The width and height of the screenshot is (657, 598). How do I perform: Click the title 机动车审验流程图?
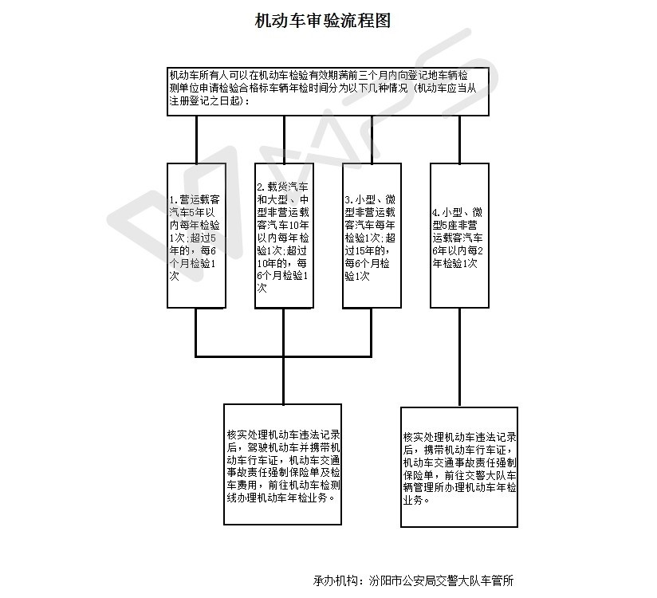(323, 20)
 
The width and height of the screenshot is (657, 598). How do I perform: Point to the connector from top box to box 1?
(196, 140)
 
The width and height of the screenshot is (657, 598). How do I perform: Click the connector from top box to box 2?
(284, 140)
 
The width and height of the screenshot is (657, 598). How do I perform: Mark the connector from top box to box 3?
(372, 140)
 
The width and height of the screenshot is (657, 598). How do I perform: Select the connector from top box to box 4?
(459, 140)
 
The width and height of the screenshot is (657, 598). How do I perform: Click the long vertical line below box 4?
(459, 357)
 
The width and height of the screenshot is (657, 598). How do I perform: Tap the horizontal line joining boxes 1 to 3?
(284, 356)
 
